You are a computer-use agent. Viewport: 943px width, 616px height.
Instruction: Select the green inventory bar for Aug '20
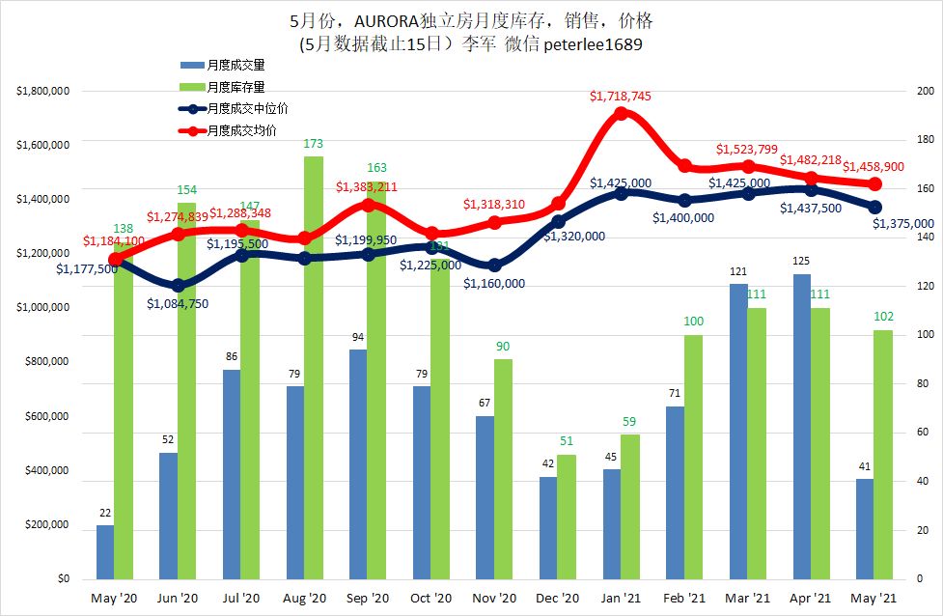(x=314, y=367)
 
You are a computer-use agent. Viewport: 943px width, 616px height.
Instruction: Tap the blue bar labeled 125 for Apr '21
(x=800, y=426)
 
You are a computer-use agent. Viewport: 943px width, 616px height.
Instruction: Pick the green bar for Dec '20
(x=567, y=517)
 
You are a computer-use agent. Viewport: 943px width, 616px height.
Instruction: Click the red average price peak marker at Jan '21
(x=622, y=113)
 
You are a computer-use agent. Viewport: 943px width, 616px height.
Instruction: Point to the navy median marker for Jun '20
(x=178, y=285)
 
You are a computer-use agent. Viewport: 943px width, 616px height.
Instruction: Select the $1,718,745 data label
(x=622, y=97)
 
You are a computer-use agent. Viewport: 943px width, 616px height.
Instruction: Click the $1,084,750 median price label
(x=178, y=303)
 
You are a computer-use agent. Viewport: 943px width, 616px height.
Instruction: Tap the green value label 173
(x=314, y=145)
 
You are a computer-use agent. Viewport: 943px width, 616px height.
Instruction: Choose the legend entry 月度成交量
(x=236, y=65)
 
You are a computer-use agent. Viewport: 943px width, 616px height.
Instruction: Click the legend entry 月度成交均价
(x=241, y=130)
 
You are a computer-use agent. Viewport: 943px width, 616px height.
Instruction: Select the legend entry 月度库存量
(x=236, y=87)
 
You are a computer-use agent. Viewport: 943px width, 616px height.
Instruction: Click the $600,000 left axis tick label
(x=48, y=417)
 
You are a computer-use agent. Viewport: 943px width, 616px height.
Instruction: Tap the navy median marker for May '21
(x=875, y=207)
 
